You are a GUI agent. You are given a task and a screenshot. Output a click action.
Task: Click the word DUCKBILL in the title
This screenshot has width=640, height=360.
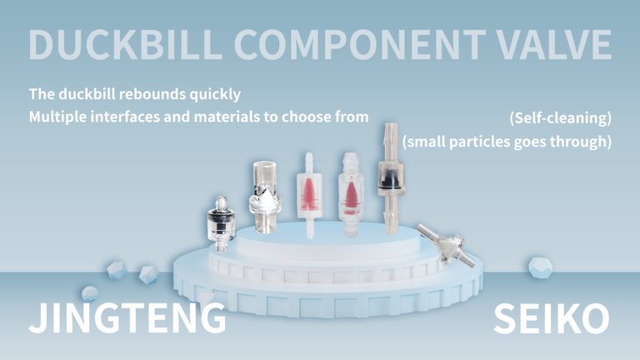coord(125,44)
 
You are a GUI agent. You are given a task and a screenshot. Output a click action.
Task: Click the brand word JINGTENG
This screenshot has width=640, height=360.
coord(127,318)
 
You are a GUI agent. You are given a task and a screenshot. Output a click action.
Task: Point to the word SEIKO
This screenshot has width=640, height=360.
coord(552,318)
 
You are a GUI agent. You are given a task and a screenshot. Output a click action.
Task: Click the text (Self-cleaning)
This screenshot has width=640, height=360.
coord(560,118)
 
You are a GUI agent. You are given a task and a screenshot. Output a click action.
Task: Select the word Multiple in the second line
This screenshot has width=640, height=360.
coord(57,117)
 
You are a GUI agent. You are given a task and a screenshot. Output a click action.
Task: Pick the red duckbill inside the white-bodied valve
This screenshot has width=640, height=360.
coord(309,192)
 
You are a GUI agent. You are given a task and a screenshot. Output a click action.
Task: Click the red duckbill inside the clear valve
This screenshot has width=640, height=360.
coord(350,195)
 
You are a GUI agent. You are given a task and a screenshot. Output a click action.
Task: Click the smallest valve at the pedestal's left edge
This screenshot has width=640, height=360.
coord(221,223)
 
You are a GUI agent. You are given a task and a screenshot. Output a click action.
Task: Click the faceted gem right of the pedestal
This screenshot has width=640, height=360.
coord(540,267)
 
